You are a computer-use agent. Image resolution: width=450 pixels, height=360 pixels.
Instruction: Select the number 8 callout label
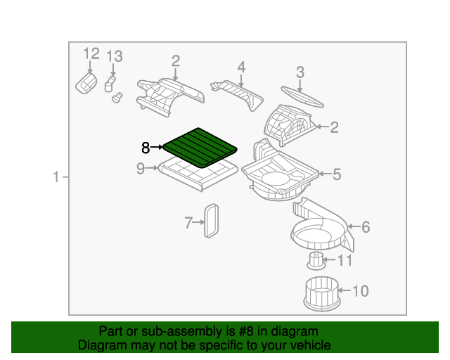146,148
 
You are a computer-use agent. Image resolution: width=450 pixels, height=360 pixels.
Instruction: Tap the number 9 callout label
141,168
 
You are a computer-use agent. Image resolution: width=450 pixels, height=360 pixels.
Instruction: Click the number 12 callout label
92,54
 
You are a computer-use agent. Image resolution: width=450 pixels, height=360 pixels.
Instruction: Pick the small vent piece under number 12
86,83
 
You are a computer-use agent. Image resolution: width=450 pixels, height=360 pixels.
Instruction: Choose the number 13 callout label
114,56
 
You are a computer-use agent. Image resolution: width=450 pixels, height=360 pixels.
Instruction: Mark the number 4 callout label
241,67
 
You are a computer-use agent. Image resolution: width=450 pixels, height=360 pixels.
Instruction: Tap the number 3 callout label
300,72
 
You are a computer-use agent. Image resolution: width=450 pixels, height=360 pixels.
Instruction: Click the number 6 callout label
365,226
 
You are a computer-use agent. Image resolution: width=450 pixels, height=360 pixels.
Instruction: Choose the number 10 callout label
359,290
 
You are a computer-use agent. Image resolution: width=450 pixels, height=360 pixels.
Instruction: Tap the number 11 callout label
345,261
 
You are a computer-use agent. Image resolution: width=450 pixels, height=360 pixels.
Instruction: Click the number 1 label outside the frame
57,177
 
